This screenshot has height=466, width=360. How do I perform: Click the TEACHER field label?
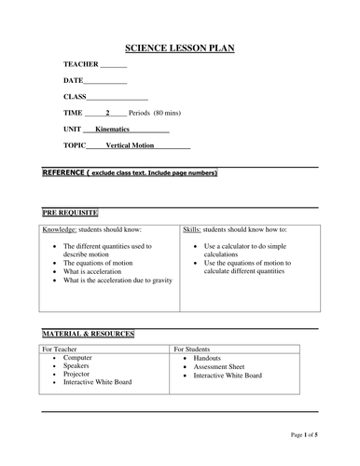(79, 64)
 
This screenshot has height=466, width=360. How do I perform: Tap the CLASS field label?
(75, 96)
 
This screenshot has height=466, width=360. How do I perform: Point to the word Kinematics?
(118, 129)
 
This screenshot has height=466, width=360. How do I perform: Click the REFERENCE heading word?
(62, 173)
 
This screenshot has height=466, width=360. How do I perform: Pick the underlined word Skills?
(192, 228)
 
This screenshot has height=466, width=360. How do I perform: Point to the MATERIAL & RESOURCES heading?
(88, 334)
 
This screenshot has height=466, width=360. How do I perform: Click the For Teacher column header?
(62, 349)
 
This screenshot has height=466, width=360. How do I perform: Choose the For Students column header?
(194, 349)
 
